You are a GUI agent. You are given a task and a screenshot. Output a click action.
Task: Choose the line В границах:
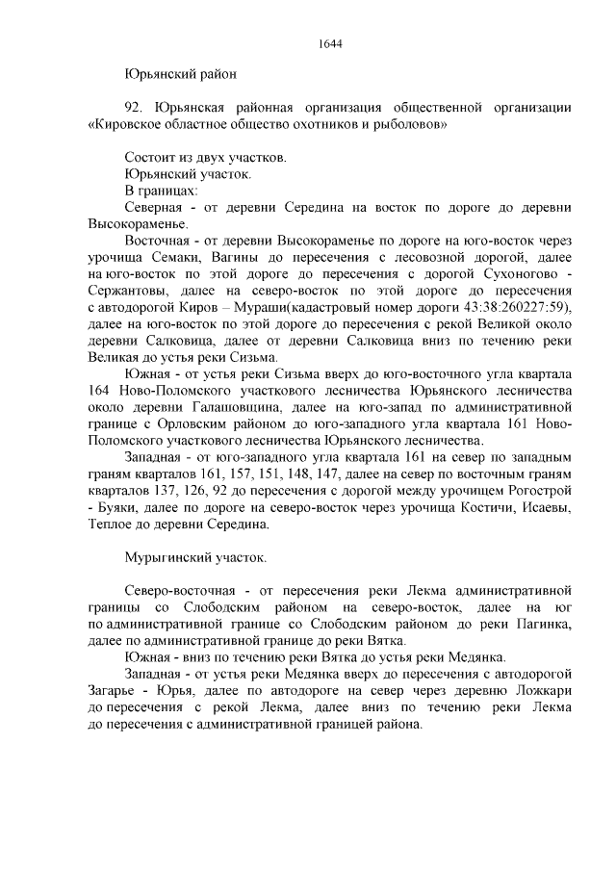coord(158,191)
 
